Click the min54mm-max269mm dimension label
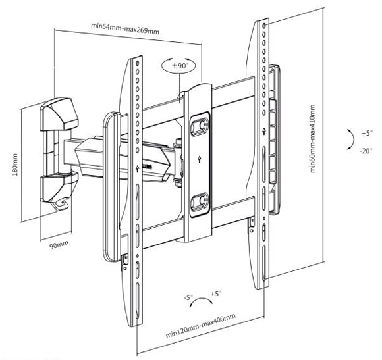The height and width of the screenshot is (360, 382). (x=125, y=28)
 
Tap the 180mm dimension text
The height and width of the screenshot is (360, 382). (x=15, y=165)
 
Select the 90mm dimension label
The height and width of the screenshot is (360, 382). (x=59, y=244)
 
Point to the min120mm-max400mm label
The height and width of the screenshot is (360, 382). (x=201, y=325)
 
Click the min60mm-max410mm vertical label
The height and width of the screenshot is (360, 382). (x=313, y=139)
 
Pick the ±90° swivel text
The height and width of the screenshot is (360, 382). (x=180, y=66)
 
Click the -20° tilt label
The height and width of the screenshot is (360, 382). (x=366, y=151)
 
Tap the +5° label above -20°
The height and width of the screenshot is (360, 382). (x=368, y=133)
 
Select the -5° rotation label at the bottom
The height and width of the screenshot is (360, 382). (x=188, y=297)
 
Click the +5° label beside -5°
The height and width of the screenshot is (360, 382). (x=216, y=294)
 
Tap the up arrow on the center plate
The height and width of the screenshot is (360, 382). (x=200, y=159)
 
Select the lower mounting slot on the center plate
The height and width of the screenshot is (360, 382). (x=200, y=202)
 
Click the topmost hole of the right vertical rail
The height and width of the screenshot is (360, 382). (x=265, y=25)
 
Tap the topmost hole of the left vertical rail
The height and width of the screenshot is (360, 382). (x=138, y=63)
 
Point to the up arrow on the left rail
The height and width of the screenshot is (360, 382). (x=138, y=168)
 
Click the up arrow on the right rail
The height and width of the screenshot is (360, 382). (x=264, y=132)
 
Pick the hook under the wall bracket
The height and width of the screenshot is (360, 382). (x=60, y=204)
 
